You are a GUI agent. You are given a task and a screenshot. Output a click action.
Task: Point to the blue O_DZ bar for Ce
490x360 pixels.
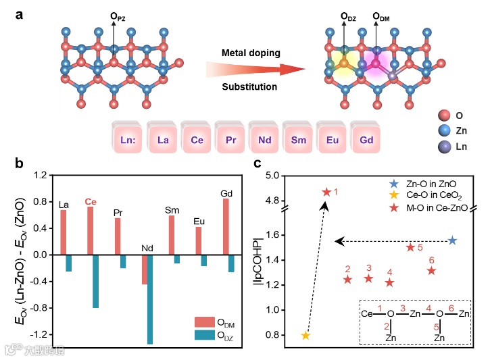[x=95, y=281]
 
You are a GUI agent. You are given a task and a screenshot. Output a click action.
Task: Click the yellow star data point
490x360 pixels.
[x=305, y=336]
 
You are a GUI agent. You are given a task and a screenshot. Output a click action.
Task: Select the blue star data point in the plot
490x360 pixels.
[x=452, y=240]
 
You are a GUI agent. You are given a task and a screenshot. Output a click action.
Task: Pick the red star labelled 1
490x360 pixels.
[x=326, y=192]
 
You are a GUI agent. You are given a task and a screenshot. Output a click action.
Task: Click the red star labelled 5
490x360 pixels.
[x=410, y=247]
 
